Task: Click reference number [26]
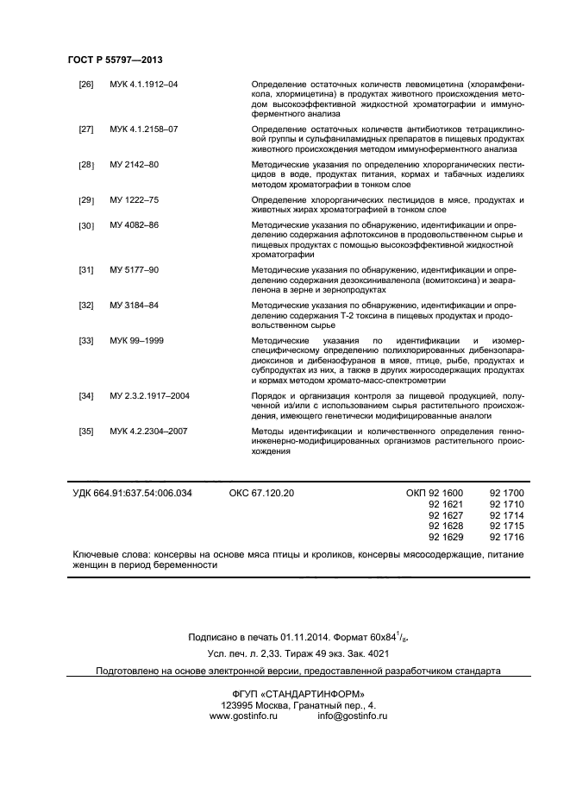pos(86,84)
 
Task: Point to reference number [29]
pos(86,200)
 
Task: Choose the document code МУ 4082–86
pos(134,225)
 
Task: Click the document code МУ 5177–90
pos(134,270)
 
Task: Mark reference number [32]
pos(86,306)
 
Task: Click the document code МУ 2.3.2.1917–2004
pos(149,395)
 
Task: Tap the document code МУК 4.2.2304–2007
pos(148,431)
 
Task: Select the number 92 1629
pos(446,537)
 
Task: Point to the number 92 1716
pos(506,537)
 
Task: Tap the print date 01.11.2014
pos(303,638)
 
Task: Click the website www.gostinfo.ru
pos(242,716)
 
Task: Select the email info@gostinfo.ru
pos(352,716)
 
